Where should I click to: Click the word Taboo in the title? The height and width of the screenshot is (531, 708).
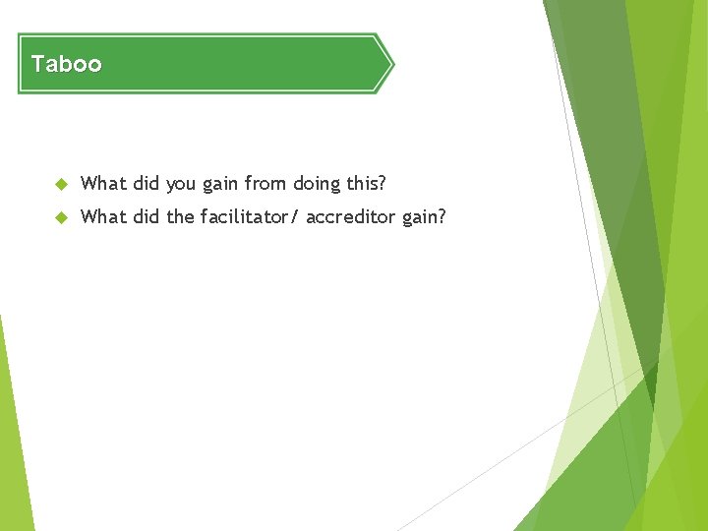(x=66, y=65)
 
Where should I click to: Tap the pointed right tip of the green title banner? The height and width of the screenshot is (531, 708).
(x=391, y=64)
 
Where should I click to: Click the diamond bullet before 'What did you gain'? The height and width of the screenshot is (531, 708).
(x=60, y=184)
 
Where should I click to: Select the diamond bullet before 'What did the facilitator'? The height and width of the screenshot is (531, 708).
(x=60, y=217)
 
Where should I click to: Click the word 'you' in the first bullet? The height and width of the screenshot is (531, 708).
(x=181, y=184)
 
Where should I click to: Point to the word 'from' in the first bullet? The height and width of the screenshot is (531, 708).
(x=265, y=183)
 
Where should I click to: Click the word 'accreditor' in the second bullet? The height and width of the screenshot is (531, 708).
(x=351, y=216)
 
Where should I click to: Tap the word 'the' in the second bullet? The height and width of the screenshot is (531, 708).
(x=180, y=216)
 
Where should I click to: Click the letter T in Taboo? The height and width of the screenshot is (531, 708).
(x=37, y=65)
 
